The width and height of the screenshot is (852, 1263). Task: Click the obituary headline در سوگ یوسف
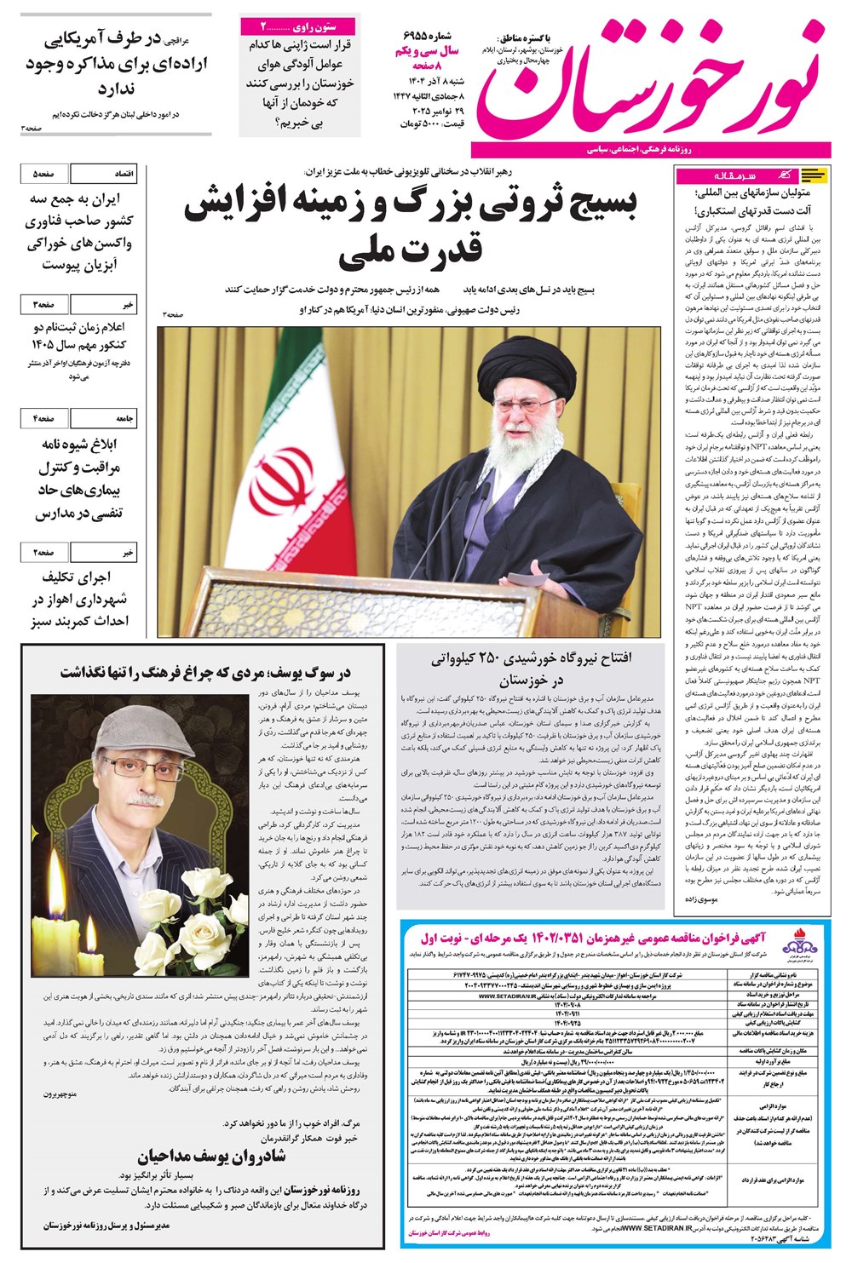click(x=205, y=672)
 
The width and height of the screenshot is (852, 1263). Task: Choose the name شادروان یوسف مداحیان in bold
click(x=212, y=1156)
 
